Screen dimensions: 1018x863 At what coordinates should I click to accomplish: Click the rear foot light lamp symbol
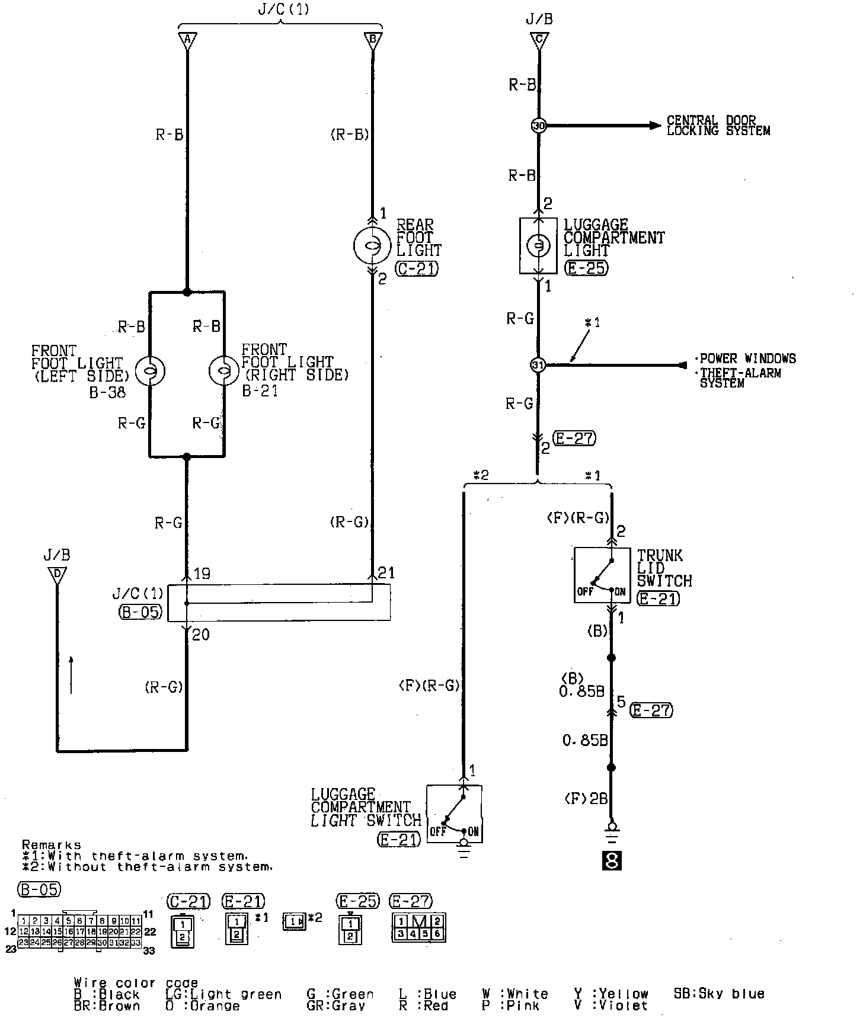click(x=372, y=245)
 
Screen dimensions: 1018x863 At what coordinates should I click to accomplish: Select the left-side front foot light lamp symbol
click(x=149, y=372)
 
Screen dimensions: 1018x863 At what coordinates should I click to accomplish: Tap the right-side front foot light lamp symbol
click(x=224, y=372)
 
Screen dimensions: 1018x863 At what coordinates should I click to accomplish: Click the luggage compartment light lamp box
click(x=538, y=246)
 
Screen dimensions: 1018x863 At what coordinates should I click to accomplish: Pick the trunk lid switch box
click(x=602, y=575)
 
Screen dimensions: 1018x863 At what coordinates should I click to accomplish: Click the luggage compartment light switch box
click(x=454, y=813)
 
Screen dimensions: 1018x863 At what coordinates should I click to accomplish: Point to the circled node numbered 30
click(x=538, y=126)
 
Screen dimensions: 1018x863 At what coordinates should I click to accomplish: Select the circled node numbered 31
click(x=538, y=365)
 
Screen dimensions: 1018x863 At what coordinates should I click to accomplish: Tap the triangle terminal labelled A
click(x=187, y=40)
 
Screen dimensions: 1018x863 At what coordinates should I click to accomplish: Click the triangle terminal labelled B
click(x=373, y=40)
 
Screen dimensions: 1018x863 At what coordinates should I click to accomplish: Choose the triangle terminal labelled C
click(x=539, y=40)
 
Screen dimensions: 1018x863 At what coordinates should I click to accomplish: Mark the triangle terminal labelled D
click(x=57, y=575)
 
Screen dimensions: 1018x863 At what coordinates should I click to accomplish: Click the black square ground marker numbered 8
click(x=611, y=860)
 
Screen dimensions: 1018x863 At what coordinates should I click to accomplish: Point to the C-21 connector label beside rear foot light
click(x=417, y=269)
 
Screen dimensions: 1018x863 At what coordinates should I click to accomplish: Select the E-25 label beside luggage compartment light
click(x=586, y=268)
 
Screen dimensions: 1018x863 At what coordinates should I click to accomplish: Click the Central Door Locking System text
click(x=718, y=126)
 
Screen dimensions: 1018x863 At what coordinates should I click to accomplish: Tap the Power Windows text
click(x=747, y=358)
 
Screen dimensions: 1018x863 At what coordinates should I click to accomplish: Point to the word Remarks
click(x=51, y=845)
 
